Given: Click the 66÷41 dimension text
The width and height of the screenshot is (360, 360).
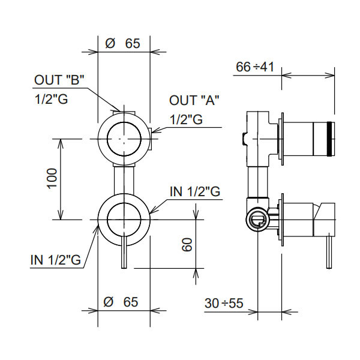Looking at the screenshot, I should (254, 67).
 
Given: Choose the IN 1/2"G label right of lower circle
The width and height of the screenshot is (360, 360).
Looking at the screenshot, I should (196, 191).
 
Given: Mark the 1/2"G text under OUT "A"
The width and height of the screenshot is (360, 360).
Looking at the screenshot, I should (186, 119).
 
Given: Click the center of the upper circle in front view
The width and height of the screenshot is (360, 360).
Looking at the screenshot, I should (123, 139).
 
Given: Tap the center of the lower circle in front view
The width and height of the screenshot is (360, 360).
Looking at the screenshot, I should (123, 220).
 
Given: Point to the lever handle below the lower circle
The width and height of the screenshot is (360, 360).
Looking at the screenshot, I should (124, 255).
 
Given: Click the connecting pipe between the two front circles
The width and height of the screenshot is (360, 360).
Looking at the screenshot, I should (123, 179).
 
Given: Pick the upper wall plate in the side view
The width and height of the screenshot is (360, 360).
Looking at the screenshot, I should (281, 139).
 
